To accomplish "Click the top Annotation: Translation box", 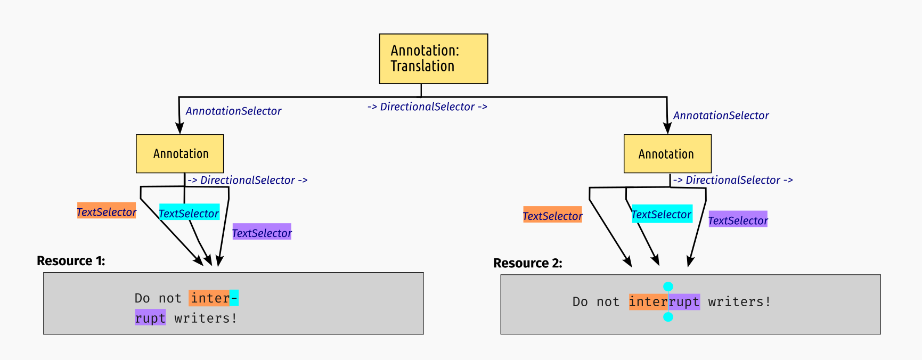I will pos(433,59).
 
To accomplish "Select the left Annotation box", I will pos(179,153).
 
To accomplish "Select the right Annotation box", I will pos(667,153).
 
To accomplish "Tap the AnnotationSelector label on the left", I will pos(233,111).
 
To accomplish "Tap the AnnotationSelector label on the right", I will pos(721,115).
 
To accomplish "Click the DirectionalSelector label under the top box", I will pos(427,107).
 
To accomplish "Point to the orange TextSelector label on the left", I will pos(107,211).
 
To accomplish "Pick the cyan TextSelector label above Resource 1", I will pos(189,213).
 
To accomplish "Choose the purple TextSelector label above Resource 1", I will pos(262,232).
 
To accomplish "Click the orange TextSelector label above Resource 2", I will pos(552,215).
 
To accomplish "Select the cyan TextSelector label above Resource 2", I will pos(662,214).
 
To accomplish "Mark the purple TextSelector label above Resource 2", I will pos(738,219).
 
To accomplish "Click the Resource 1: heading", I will pos(71,260).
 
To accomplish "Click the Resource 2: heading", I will pos(527,263).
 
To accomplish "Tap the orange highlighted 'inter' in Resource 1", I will pos(209,298).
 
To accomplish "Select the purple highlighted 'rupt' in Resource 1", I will pos(150,318).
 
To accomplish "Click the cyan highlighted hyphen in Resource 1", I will pos(234,298).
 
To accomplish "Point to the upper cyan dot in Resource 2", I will pos(668,287).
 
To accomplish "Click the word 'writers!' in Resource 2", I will pos(739,301).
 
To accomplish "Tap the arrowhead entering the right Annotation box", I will pos(667,128).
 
